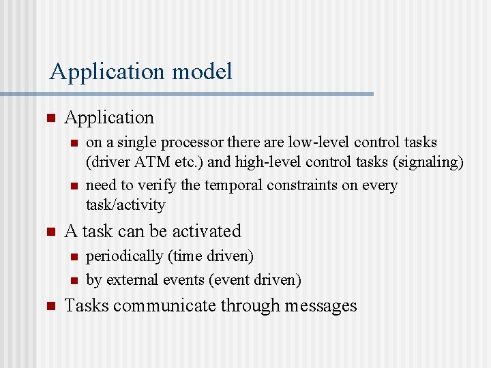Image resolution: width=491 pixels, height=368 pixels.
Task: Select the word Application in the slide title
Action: click(108, 72)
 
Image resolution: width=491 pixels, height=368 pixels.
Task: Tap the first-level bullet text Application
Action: click(109, 118)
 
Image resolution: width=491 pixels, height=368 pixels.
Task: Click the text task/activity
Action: click(125, 204)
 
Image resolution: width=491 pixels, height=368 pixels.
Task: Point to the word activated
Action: click(208, 231)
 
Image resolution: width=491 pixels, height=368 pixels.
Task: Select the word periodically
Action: click(119, 256)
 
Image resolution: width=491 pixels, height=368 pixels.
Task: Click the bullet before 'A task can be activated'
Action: click(50, 232)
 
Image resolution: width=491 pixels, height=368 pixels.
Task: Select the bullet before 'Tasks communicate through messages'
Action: click(50, 306)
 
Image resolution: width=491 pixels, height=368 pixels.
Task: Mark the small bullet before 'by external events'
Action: click(74, 280)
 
